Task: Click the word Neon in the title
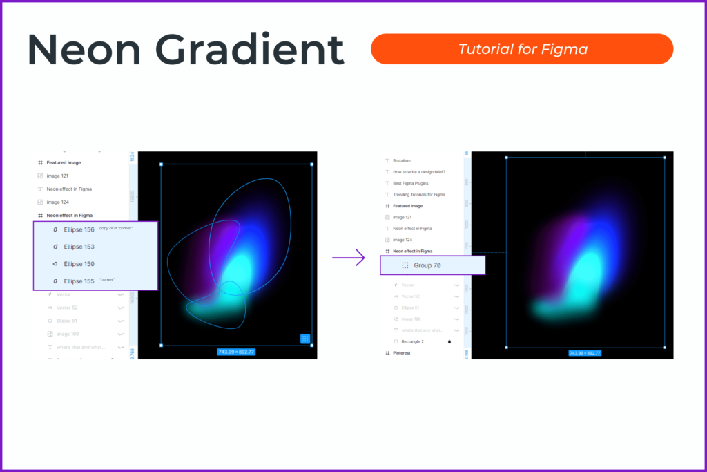pyautogui.click(x=82, y=49)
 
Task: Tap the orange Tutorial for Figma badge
pyautogui.click(x=521, y=49)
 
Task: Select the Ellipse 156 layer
pyautogui.click(x=79, y=229)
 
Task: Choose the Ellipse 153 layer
pyautogui.click(x=79, y=247)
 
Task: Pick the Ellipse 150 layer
pyautogui.click(x=79, y=264)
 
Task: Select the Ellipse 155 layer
pyautogui.click(x=79, y=281)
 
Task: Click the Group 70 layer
pyautogui.click(x=427, y=265)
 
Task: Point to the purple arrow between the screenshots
pyautogui.click(x=348, y=258)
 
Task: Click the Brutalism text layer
pyautogui.click(x=402, y=160)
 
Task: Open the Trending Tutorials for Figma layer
pyautogui.click(x=419, y=194)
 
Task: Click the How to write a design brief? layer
pyautogui.click(x=418, y=171)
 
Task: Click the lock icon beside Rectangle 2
pyautogui.click(x=449, y=341)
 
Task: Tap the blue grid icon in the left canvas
pyautogui.click(x=305, y=339)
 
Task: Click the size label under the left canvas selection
pyautogui.click(x=236, y=352)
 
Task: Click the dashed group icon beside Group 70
pyautogui.click(x=405, y=265)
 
